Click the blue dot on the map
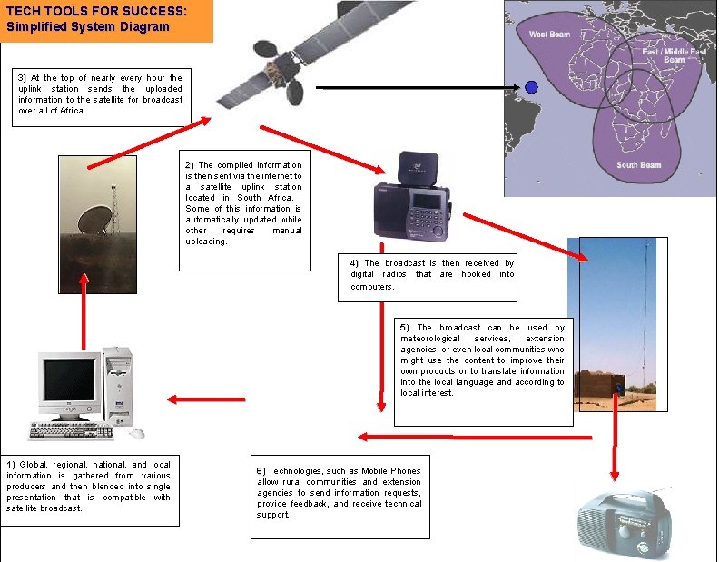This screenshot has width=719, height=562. point(531,87)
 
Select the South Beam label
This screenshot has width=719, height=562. point(638,164)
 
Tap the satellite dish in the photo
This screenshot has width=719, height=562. point(94,218)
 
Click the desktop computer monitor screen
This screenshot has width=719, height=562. point(69,380)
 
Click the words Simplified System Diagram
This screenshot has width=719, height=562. point(87,25)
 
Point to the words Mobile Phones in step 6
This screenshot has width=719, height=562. point(391,470)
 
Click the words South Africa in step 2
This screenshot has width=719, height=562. point(261,197)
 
